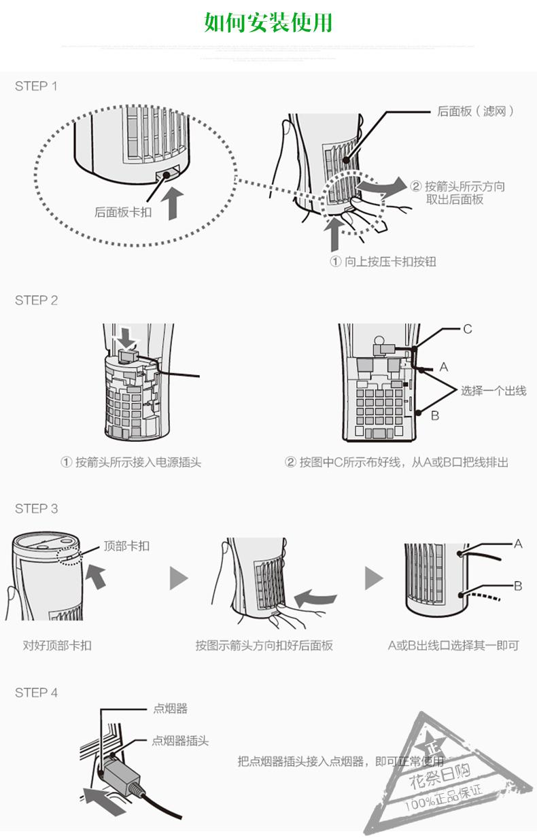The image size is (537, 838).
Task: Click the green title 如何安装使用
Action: point(268,22)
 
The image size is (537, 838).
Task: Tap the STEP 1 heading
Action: point(36,86)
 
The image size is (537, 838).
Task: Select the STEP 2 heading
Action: point(36,300)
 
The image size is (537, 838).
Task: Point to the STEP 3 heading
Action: point(36,509)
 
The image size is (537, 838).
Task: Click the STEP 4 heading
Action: point(36,693)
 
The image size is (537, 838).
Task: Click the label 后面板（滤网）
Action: point(475,111)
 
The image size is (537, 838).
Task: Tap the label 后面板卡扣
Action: point(123,212)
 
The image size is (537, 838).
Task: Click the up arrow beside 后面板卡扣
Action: point(175,202)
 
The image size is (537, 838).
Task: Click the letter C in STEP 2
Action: point(468,330)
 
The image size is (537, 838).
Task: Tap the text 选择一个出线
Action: point(493,391)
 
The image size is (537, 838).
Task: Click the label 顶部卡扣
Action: point(126,546)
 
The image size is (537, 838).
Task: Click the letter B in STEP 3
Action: point(518,586)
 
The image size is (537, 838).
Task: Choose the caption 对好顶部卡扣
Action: point(57,645)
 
